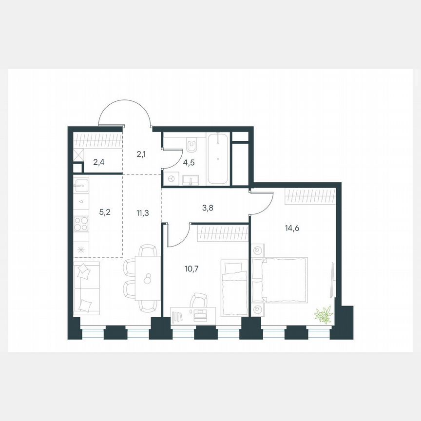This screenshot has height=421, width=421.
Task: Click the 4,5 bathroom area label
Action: tap(189, 163)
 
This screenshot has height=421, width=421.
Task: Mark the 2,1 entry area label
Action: tap(141, 154)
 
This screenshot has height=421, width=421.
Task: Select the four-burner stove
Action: tap(81, 225)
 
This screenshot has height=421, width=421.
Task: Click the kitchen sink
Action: tap(81, 185)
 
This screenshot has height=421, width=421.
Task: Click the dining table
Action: tap(148, 279)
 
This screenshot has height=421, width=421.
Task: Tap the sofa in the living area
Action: tap(86, 287)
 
